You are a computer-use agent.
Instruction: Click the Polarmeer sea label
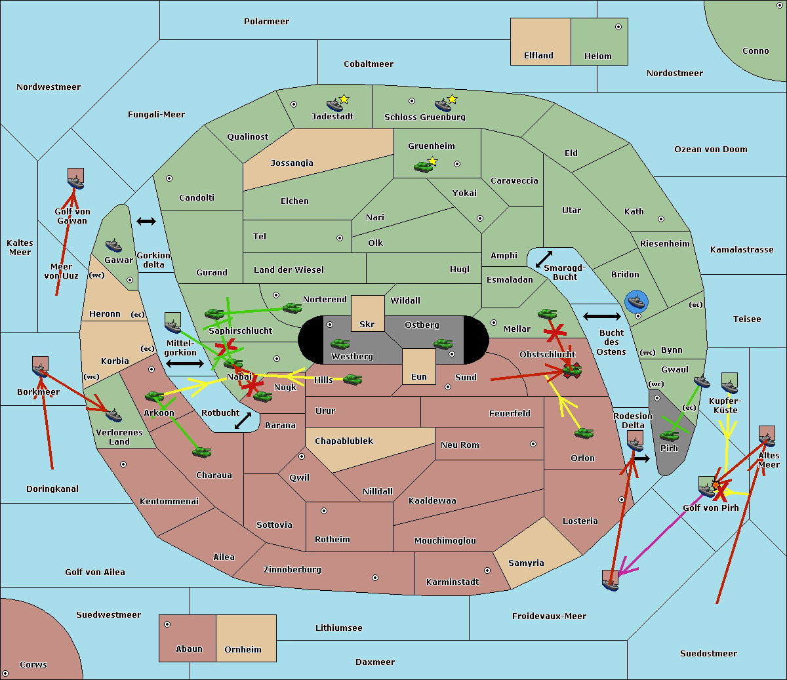coord(266,22)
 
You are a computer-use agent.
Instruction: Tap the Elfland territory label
coord(538,56)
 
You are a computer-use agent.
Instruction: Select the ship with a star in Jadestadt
coord(335,104)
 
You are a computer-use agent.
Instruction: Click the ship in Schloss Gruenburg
coord(443,105)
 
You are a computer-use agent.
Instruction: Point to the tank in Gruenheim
coord(424,167)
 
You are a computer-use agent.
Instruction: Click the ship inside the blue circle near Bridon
coord(636,302)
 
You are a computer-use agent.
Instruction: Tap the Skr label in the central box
coord(367,325)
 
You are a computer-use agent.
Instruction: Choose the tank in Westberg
coord(340,344)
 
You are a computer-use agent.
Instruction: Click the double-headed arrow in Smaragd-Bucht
coord(544,260)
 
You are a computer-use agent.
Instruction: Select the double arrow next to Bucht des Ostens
coord(601,317)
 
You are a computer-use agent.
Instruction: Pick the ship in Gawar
coord(114,246)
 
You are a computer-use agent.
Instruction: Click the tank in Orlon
coord(584,433)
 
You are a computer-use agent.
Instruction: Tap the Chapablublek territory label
coord(344,441)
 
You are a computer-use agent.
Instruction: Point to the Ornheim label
coord(243,650)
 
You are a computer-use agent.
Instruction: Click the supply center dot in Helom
coord(618,28)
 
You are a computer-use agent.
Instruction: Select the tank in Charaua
coord(202,452)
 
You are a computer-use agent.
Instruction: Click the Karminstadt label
coord(453,582)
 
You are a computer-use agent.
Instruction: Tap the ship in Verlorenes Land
coord(113,415)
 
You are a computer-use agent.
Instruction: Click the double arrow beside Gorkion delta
coord(146,222)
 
